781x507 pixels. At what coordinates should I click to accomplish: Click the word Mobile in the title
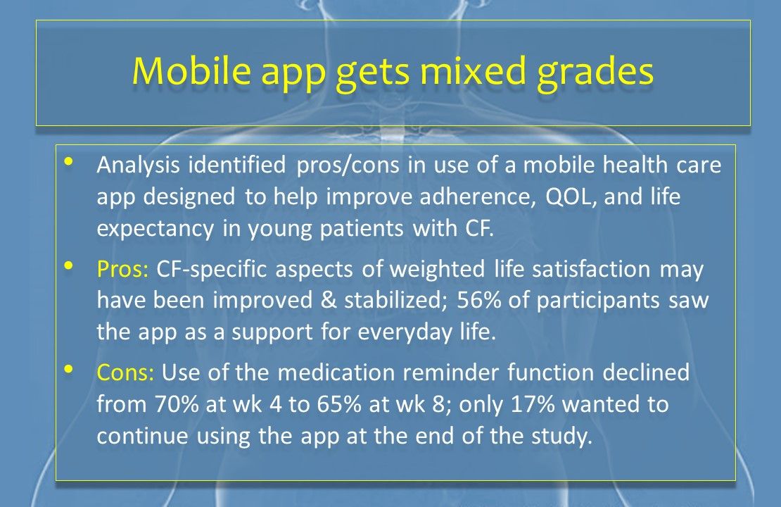(x=191, y=70)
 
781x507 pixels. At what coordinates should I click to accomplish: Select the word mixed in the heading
(x=474, y=70)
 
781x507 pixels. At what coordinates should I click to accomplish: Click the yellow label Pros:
(x=122, y=269)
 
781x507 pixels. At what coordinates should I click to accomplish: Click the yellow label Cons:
(x=125, y=373)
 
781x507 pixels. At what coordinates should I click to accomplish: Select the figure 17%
(x=533, y=403)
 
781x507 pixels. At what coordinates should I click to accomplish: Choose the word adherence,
(x=478, y=197)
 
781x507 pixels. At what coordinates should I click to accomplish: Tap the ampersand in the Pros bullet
(x=329, y=300)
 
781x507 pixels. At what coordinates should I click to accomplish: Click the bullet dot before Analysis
(x=69, y=161)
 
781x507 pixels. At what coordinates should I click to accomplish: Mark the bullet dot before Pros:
(x=69, y=265)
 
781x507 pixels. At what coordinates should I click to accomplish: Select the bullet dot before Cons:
(x=69, y=369)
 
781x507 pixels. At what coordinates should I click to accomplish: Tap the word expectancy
(x=155, y=230)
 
